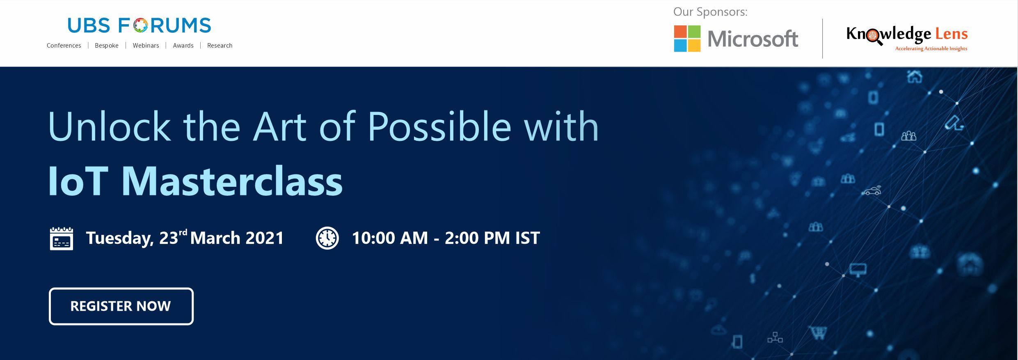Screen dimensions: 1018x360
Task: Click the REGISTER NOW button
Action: tap(121, 306)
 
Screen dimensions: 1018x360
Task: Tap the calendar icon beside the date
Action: tap(62, 238)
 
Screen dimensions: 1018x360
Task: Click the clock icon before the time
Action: tap(327, 238)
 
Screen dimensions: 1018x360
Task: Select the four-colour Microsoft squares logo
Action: tap(687, 39)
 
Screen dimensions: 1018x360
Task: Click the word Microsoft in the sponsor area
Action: tap(753, 39)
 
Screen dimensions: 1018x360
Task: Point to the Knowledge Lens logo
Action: tap(907, 38)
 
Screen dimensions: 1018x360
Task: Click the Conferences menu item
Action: tap(64, 46)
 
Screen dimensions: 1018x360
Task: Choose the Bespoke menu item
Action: tap(107, 46)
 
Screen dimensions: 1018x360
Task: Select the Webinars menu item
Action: tap(146, 46)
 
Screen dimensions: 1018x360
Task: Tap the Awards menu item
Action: tap(183, 46)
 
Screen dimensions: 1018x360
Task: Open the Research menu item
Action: tap(220, 46)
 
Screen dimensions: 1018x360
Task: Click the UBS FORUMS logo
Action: tap(140, 25)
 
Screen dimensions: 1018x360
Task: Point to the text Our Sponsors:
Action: tap(710, 12)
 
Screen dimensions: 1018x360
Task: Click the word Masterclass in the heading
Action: tap(232, 181)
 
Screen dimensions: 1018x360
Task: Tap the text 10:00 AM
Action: tap(390, 238)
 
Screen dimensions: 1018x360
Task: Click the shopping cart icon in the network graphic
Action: tap(817, 332)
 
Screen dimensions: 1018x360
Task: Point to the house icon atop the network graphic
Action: tap(915, 76)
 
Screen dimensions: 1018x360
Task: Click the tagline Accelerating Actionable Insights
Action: tap(931, 49)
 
